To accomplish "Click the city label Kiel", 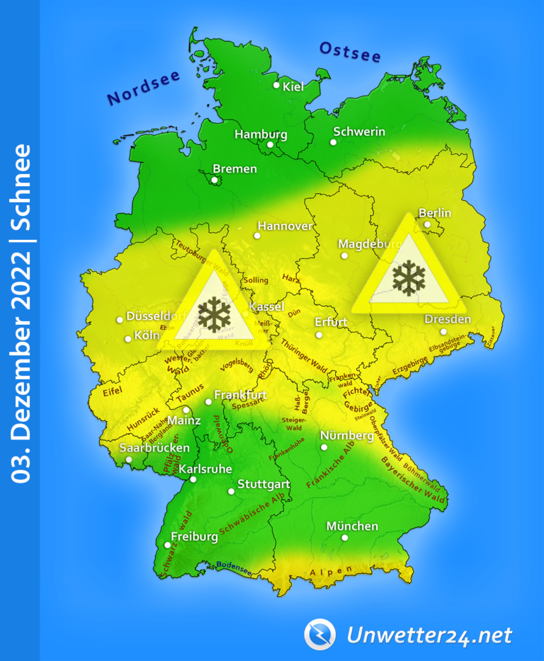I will click(x=293, y=87).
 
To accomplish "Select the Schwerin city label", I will click(x=359, y=132).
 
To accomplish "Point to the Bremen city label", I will click(x=234, y=169).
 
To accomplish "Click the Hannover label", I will click(x=285, y=226).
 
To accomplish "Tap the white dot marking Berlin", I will click(x=427, y=224).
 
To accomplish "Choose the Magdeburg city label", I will click(x=370, y=244).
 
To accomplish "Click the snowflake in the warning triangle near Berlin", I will click(x=408, y=277).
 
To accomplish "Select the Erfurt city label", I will click(x=331, y=322).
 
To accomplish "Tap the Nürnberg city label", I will click(x=346, y=435).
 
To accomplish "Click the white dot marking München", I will click(x=345, y=538).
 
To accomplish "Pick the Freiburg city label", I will click(x=194, y=536).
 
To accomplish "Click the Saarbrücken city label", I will click(x=154, y=448).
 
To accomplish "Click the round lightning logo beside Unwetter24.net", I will click(x=319, y=634).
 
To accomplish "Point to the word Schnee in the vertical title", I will click(x=22, y=187).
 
